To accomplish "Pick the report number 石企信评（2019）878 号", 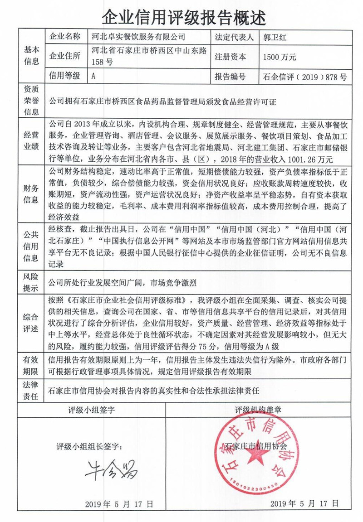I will click(304, 77).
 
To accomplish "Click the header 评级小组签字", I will click(91, 409).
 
